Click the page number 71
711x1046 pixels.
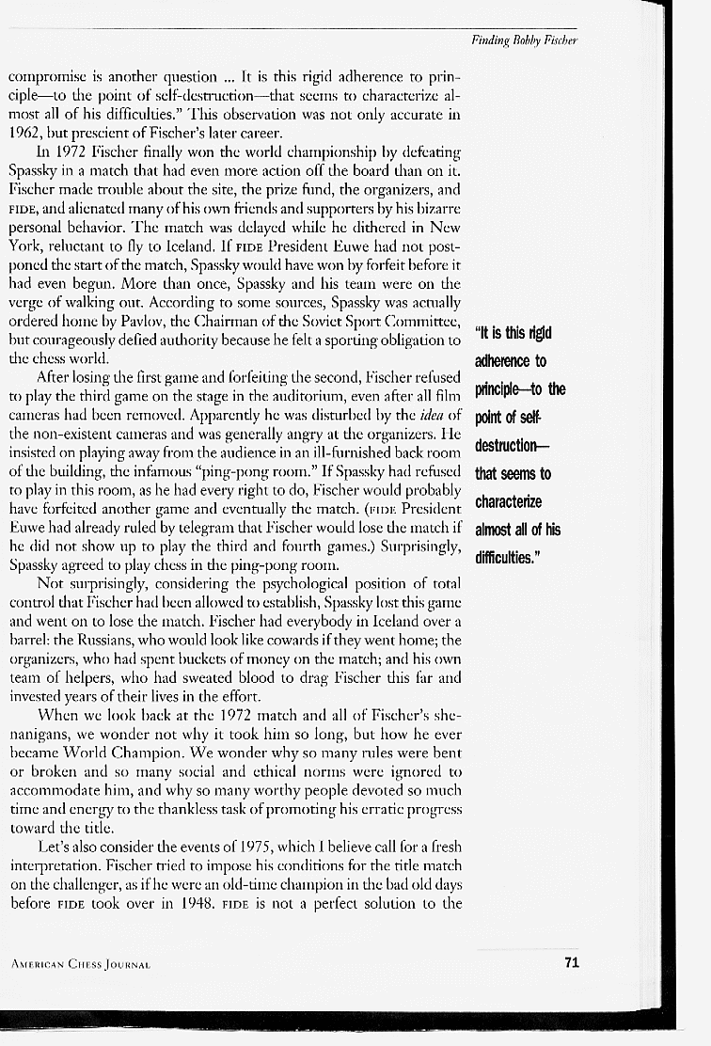[571, 961]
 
